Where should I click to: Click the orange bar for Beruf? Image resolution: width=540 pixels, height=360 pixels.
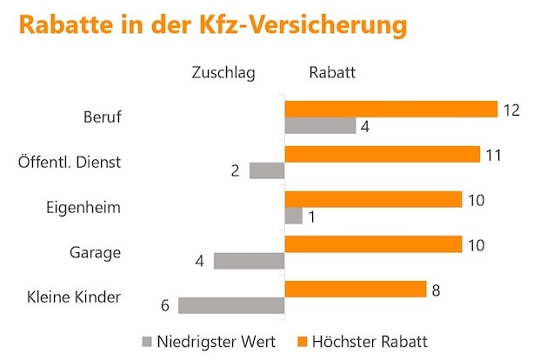pos(390,109)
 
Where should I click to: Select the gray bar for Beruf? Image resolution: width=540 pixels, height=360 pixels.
pos(320,126)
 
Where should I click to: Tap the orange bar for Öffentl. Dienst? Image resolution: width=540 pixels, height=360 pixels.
pos(382,154)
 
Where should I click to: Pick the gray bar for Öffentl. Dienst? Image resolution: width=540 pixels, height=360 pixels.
pos(267,170)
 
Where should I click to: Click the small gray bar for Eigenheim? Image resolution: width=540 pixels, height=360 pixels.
pos(293,216)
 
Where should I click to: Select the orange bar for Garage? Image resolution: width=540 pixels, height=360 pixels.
pos(373,244)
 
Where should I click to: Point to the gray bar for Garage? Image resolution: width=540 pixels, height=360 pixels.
pos(249,260)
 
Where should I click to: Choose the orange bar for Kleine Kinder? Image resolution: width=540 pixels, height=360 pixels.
pos(355,289)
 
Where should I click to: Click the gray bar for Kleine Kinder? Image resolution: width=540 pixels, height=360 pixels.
pos(231,305)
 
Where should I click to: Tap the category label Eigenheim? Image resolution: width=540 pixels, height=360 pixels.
pos(83,208)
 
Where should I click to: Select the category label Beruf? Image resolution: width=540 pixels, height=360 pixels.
pos(102,117)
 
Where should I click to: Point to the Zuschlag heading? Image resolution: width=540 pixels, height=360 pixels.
pos(223,73)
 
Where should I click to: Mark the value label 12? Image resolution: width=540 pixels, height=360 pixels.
pos(511,109)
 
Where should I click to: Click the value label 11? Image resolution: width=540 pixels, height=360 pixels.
pos(493,154)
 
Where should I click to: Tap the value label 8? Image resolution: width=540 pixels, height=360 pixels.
pos(437,289)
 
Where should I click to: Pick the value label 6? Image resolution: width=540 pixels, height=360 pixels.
pos(164,306)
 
